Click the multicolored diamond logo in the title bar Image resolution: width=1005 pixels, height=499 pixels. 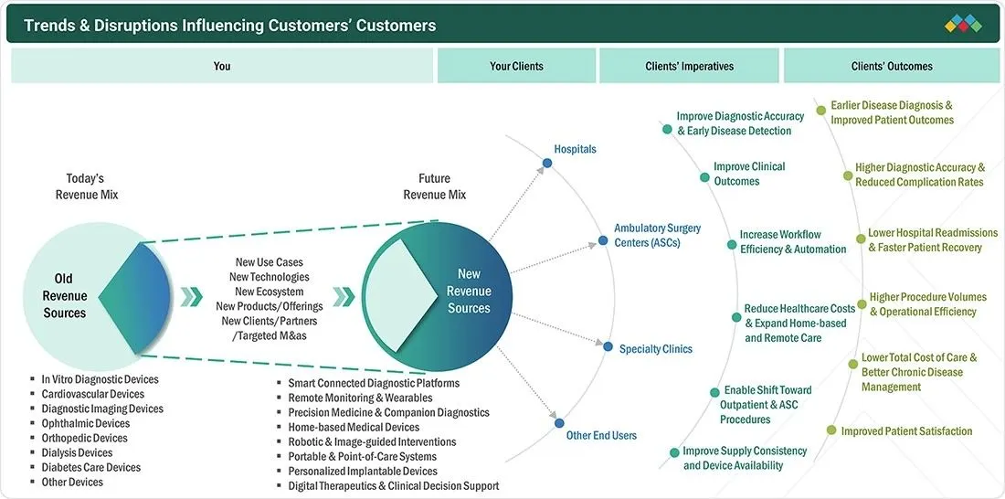click(x=963, y=24)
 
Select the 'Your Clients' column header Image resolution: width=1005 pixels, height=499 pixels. click(x=516, y=66)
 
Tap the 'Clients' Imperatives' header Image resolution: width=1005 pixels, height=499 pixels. click(x=690, y=66)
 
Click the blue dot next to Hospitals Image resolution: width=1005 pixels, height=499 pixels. click(x=546, y=163)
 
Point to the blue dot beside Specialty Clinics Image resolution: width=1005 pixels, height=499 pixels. click(x=608, y=346)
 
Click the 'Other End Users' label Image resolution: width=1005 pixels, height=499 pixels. click(x=601, y=436)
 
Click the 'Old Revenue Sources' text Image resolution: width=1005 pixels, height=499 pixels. click(x=65, y=296)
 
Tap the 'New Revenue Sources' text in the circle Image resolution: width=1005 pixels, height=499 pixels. click(x=469, y=292)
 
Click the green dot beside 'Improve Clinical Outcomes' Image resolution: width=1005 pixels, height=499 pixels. click(x=704, y=177)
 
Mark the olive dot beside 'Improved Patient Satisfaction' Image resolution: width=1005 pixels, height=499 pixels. click(x=830, y=430)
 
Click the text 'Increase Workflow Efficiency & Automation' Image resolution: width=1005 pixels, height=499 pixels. click(x=793, y=242)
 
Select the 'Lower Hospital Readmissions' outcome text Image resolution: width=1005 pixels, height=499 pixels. click(x=933, y=233)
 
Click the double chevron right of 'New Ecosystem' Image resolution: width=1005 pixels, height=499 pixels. click(x=344, y=296)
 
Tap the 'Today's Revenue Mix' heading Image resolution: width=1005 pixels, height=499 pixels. click(x=87, y=186)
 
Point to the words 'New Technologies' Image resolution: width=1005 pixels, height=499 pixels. click(x=270, y=277)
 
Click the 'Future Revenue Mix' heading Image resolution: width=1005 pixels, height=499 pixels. click(x=435, y=186)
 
